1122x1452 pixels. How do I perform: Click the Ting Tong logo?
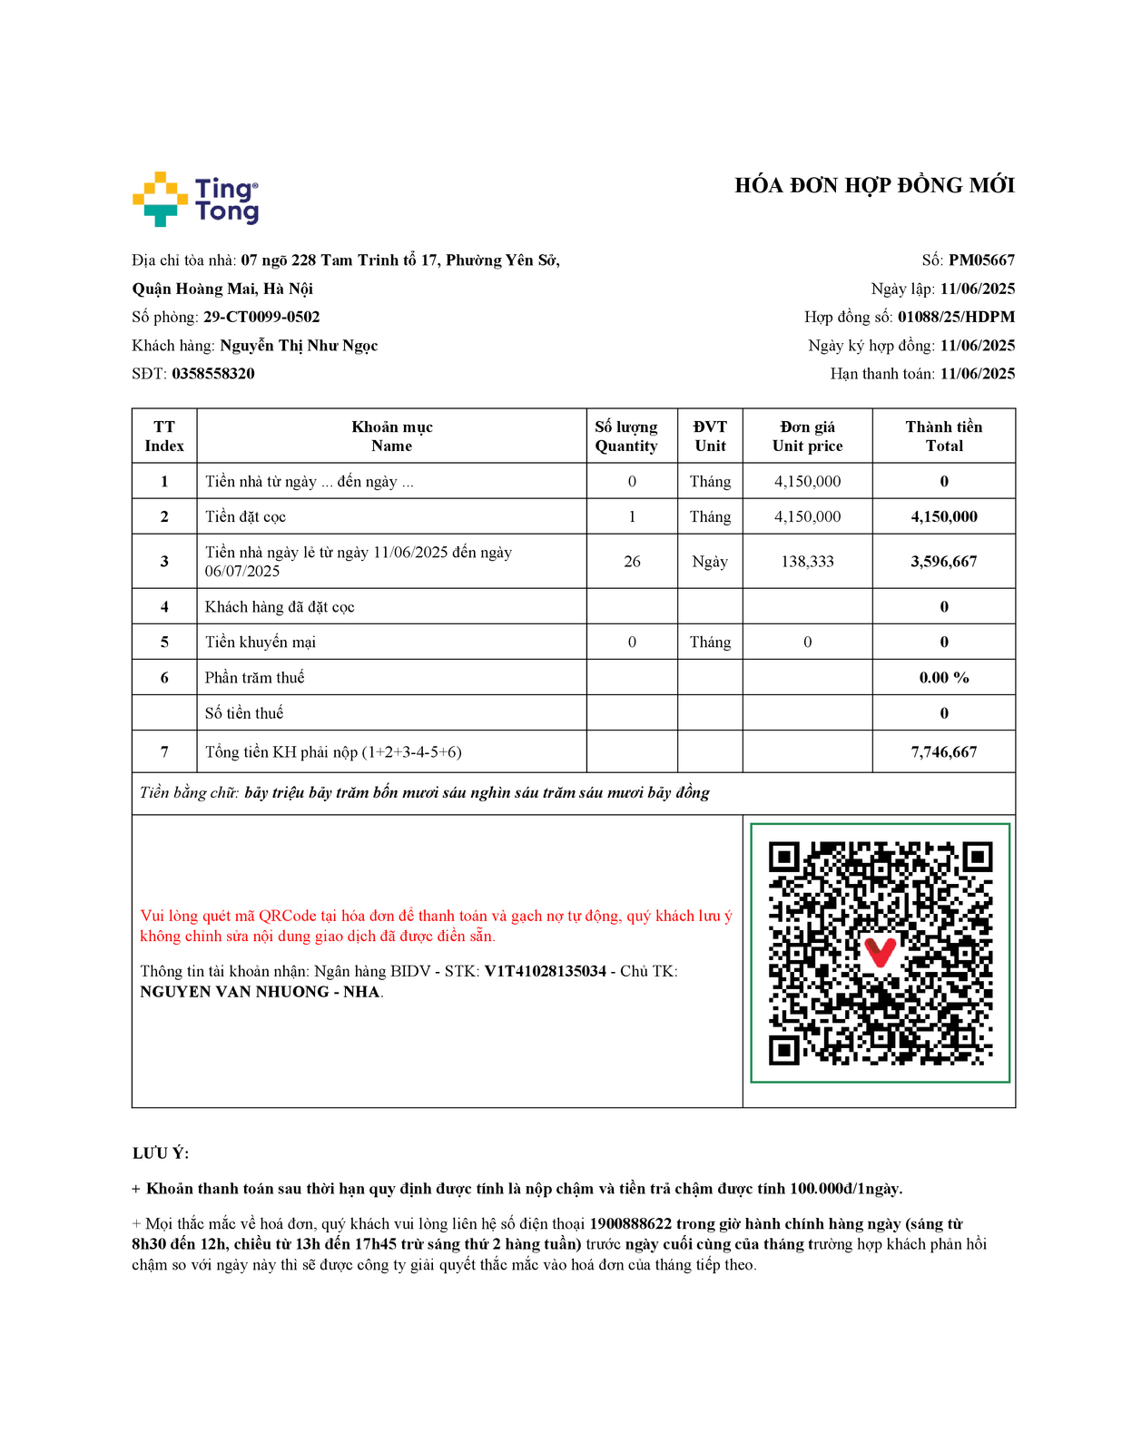195,199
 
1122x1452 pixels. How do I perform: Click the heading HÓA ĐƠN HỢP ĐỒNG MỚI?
874,186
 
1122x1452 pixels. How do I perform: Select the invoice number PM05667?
981,260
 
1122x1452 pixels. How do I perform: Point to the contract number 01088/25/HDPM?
956,317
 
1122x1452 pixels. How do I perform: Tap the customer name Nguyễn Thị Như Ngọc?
299,346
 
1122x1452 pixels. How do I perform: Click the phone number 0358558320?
213,374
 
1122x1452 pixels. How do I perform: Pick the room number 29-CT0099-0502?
261,317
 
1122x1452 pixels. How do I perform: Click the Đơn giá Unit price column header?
807,437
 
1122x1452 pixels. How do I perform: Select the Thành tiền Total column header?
943,437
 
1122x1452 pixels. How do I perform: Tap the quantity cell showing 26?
632,562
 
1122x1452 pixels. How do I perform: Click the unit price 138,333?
807,562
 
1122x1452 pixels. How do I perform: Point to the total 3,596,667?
943,562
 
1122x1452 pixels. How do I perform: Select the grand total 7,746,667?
943,752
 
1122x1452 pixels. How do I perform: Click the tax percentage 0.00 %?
943,678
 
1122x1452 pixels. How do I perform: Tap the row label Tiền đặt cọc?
245,517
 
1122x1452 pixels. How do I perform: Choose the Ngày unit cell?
710,562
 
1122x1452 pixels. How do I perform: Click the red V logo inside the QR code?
880,952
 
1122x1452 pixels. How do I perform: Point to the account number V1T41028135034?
545,971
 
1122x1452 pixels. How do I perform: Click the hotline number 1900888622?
630,1224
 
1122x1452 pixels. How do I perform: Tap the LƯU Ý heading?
161,1153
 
